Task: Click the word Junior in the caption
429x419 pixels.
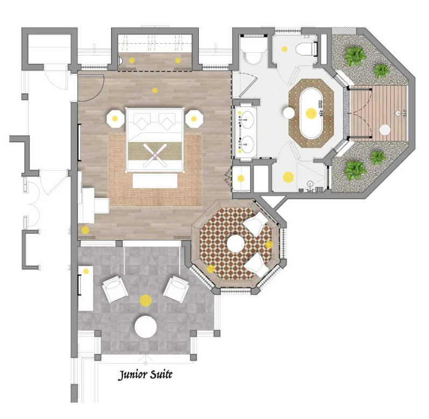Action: (132, 375)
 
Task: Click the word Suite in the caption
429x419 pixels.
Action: (161, 374)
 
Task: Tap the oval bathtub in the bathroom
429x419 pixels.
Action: (311, 113)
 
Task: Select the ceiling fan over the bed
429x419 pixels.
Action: (155, 155)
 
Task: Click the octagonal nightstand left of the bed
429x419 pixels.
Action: (115, 119)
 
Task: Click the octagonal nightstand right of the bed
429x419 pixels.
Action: (194, 119)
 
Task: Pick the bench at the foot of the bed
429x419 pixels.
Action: (155, 181)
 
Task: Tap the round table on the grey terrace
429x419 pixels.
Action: (145, 327)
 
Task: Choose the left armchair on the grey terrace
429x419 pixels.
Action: (115, 289)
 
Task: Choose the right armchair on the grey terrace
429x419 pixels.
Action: (176, 289)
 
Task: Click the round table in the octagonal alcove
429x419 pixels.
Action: (236, 244)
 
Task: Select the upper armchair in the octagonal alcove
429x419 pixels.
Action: (256, 224)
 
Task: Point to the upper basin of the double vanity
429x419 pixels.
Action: (247, 120)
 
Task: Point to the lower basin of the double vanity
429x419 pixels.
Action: (247, 144)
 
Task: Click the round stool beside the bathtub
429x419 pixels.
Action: (289, 113)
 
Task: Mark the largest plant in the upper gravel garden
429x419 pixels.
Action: (355, 57)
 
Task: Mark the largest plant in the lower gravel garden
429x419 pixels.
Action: (355, 170)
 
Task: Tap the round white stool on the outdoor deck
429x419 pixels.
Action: (385, 130)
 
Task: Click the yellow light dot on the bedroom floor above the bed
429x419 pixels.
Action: (155, 90)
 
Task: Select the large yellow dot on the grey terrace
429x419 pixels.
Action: (145, 300)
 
